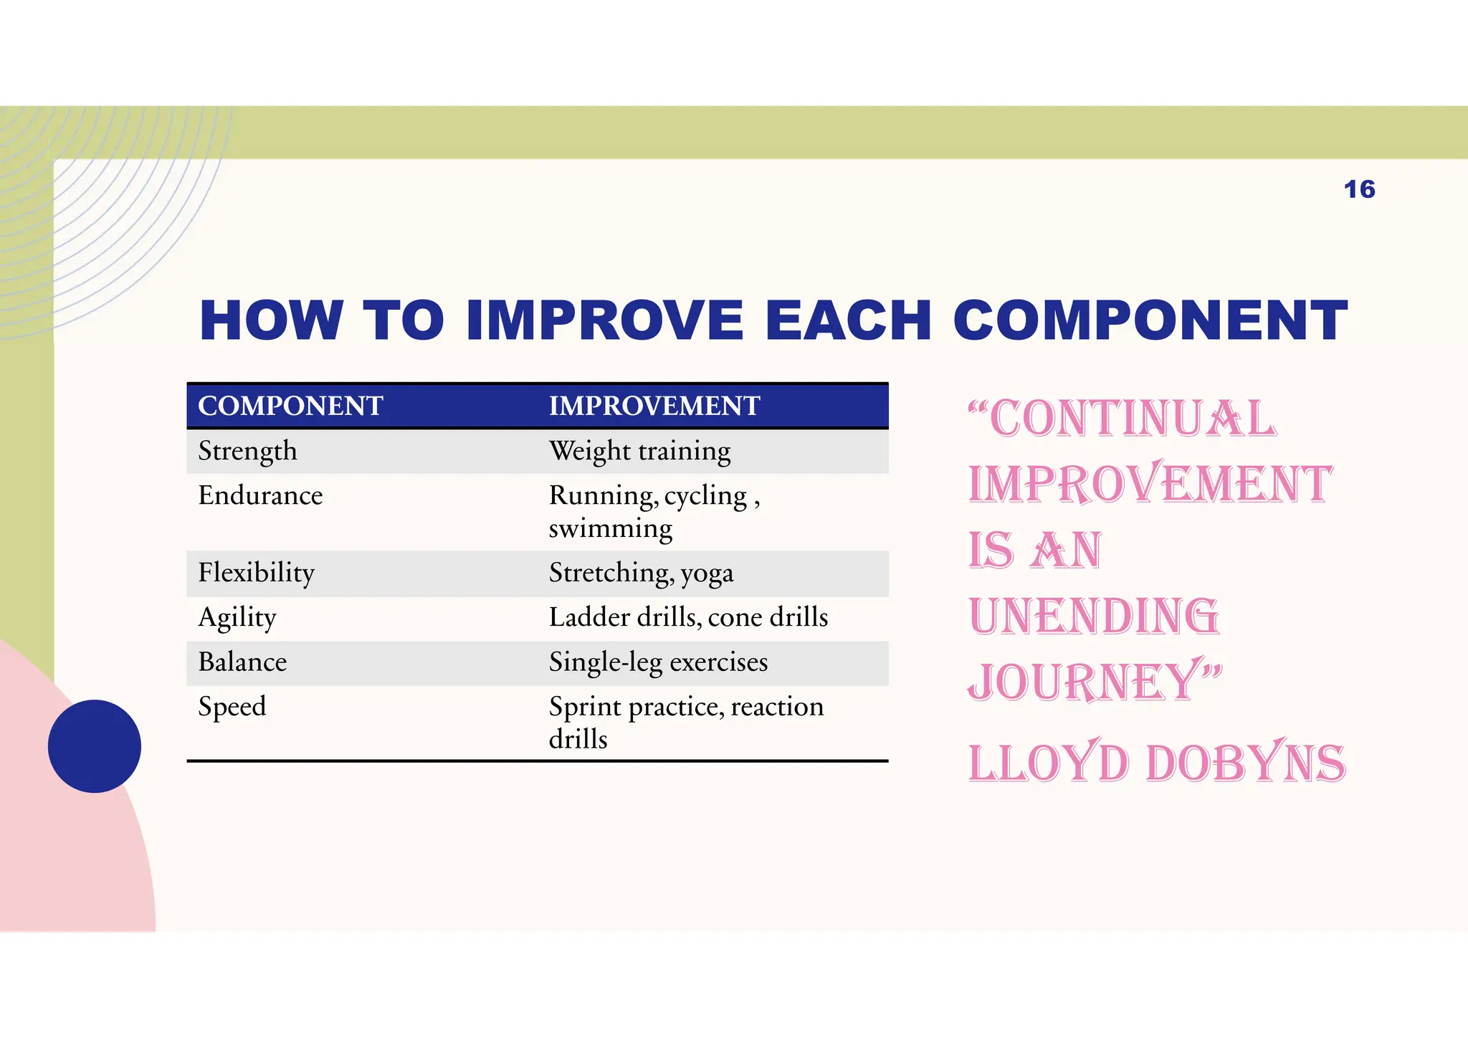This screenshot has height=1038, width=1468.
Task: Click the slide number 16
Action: point(1359,189)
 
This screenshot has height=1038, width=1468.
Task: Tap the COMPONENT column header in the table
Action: point(290,406)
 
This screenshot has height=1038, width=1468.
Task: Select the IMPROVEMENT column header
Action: point(654,406)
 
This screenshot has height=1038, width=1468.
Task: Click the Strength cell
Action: point(247,451)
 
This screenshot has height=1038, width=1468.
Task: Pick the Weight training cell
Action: point(639,451)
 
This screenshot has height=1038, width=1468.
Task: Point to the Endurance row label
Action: point(260,495)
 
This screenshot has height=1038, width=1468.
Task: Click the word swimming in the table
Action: point(611,528)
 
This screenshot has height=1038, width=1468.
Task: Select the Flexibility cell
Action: point(256,573)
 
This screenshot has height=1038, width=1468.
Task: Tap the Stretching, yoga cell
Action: point(641,573)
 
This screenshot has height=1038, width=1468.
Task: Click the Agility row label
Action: point(237,617)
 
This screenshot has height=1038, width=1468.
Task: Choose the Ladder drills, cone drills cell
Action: point(688,617)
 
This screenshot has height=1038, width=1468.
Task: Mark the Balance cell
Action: point(242,662)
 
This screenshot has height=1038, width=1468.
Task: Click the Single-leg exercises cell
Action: point(658,662)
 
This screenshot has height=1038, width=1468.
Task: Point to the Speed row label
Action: point(232,706)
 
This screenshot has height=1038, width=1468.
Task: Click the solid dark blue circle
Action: point(95,746)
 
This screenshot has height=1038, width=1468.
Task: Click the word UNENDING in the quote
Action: point(1093,616)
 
